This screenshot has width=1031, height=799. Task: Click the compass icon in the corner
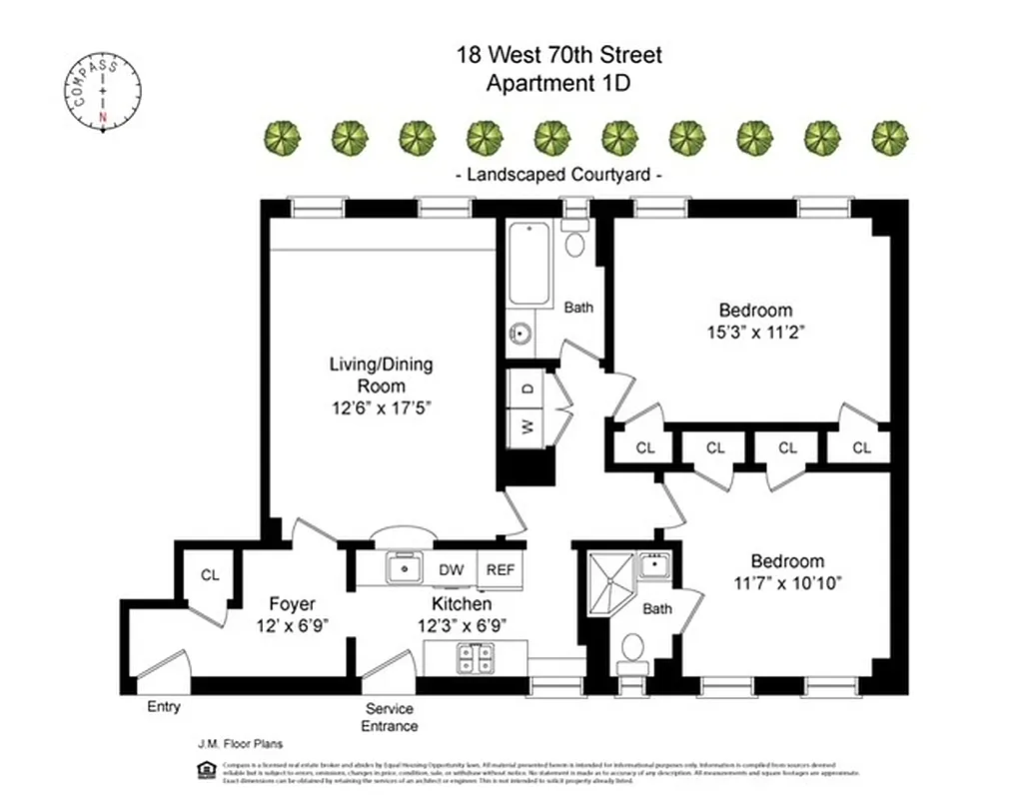(x=104, y=94)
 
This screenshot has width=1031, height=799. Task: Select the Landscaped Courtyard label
(x=558, y=175)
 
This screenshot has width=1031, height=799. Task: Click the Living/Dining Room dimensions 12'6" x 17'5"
(x=382, y=406)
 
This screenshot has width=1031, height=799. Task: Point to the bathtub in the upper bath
(x=528, y=265)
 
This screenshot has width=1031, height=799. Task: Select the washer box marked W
(x=527, y=426)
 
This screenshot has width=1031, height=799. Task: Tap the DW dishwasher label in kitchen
(x=452, y=569)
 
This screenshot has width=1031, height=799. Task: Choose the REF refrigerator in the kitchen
(x=501, y=569)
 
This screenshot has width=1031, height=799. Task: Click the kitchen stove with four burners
(x=475, y=658)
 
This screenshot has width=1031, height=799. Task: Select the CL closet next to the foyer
(x=210, y=575)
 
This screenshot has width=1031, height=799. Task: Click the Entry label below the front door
(x=164, y=707)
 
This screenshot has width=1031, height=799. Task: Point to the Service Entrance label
(x=391, y=717)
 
